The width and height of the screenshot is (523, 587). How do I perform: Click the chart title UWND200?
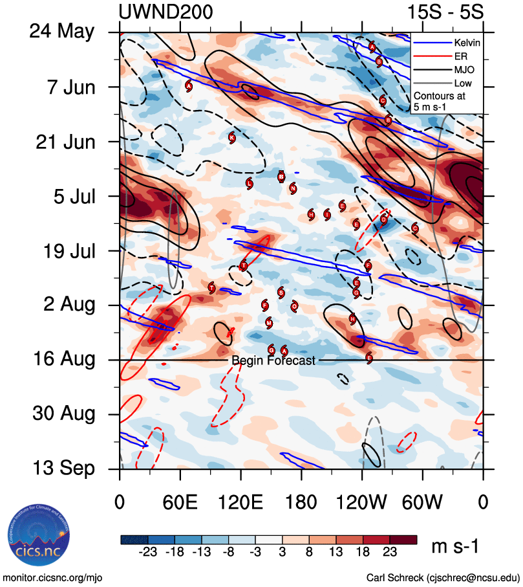(166, 12)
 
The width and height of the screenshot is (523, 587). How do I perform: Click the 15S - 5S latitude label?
(445, 12)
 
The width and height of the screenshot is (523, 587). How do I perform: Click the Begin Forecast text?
(273, 360)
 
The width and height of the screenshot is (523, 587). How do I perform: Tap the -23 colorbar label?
(148, 553)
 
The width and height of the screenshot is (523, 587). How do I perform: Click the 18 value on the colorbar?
(363, 553)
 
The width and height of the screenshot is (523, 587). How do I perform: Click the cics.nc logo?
(39, 540)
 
